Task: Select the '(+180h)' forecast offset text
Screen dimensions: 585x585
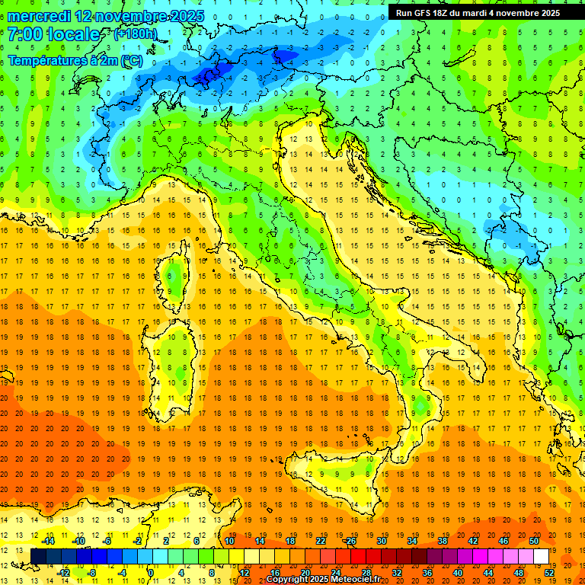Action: coord(135,34)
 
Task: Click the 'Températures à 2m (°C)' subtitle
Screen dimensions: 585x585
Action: coord(75,59)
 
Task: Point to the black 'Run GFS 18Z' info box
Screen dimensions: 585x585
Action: coord(478,12)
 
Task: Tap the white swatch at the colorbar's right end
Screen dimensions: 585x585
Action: coord(541,556)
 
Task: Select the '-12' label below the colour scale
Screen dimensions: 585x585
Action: coord(63,572)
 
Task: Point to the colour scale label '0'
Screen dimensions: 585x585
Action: coord(150,572)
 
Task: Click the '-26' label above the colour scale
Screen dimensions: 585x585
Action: coord(350,540)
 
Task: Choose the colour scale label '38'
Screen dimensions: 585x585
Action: coord(443,540)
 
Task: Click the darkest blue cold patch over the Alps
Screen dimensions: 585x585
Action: coord(211,74)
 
